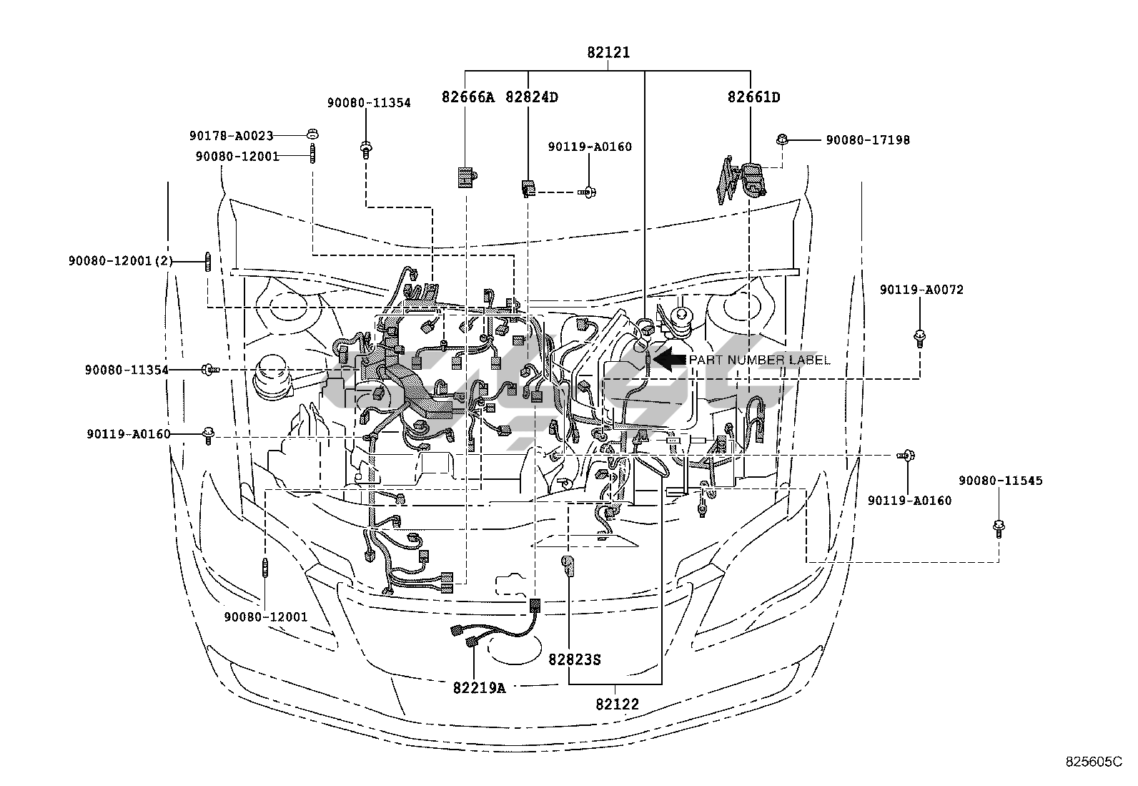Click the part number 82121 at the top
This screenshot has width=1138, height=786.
tap(608, 52)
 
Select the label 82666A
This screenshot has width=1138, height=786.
tap(467, 97)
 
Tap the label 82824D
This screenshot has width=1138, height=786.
tap(531, 97)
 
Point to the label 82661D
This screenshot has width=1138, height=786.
tap(753, 97)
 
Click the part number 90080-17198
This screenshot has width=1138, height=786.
tap(868, 140)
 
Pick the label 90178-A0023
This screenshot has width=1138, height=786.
tap(232, 135)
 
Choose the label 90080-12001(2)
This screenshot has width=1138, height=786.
tap(121, 262)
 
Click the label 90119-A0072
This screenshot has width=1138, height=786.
tap(921, 290)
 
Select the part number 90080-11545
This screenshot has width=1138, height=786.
tap(1000, 481)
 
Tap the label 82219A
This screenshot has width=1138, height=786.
tap(478, 688)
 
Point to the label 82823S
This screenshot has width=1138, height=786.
tap(575, 659)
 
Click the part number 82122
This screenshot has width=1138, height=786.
tap(617, 704)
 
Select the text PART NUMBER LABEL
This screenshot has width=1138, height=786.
tap(759, 360)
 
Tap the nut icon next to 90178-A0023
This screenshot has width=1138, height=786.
tap(312, 134)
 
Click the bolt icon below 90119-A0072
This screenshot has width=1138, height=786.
tap(919, 338)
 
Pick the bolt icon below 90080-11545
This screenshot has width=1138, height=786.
tap(999, 529)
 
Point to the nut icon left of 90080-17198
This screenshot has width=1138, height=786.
tap(783, 139)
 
